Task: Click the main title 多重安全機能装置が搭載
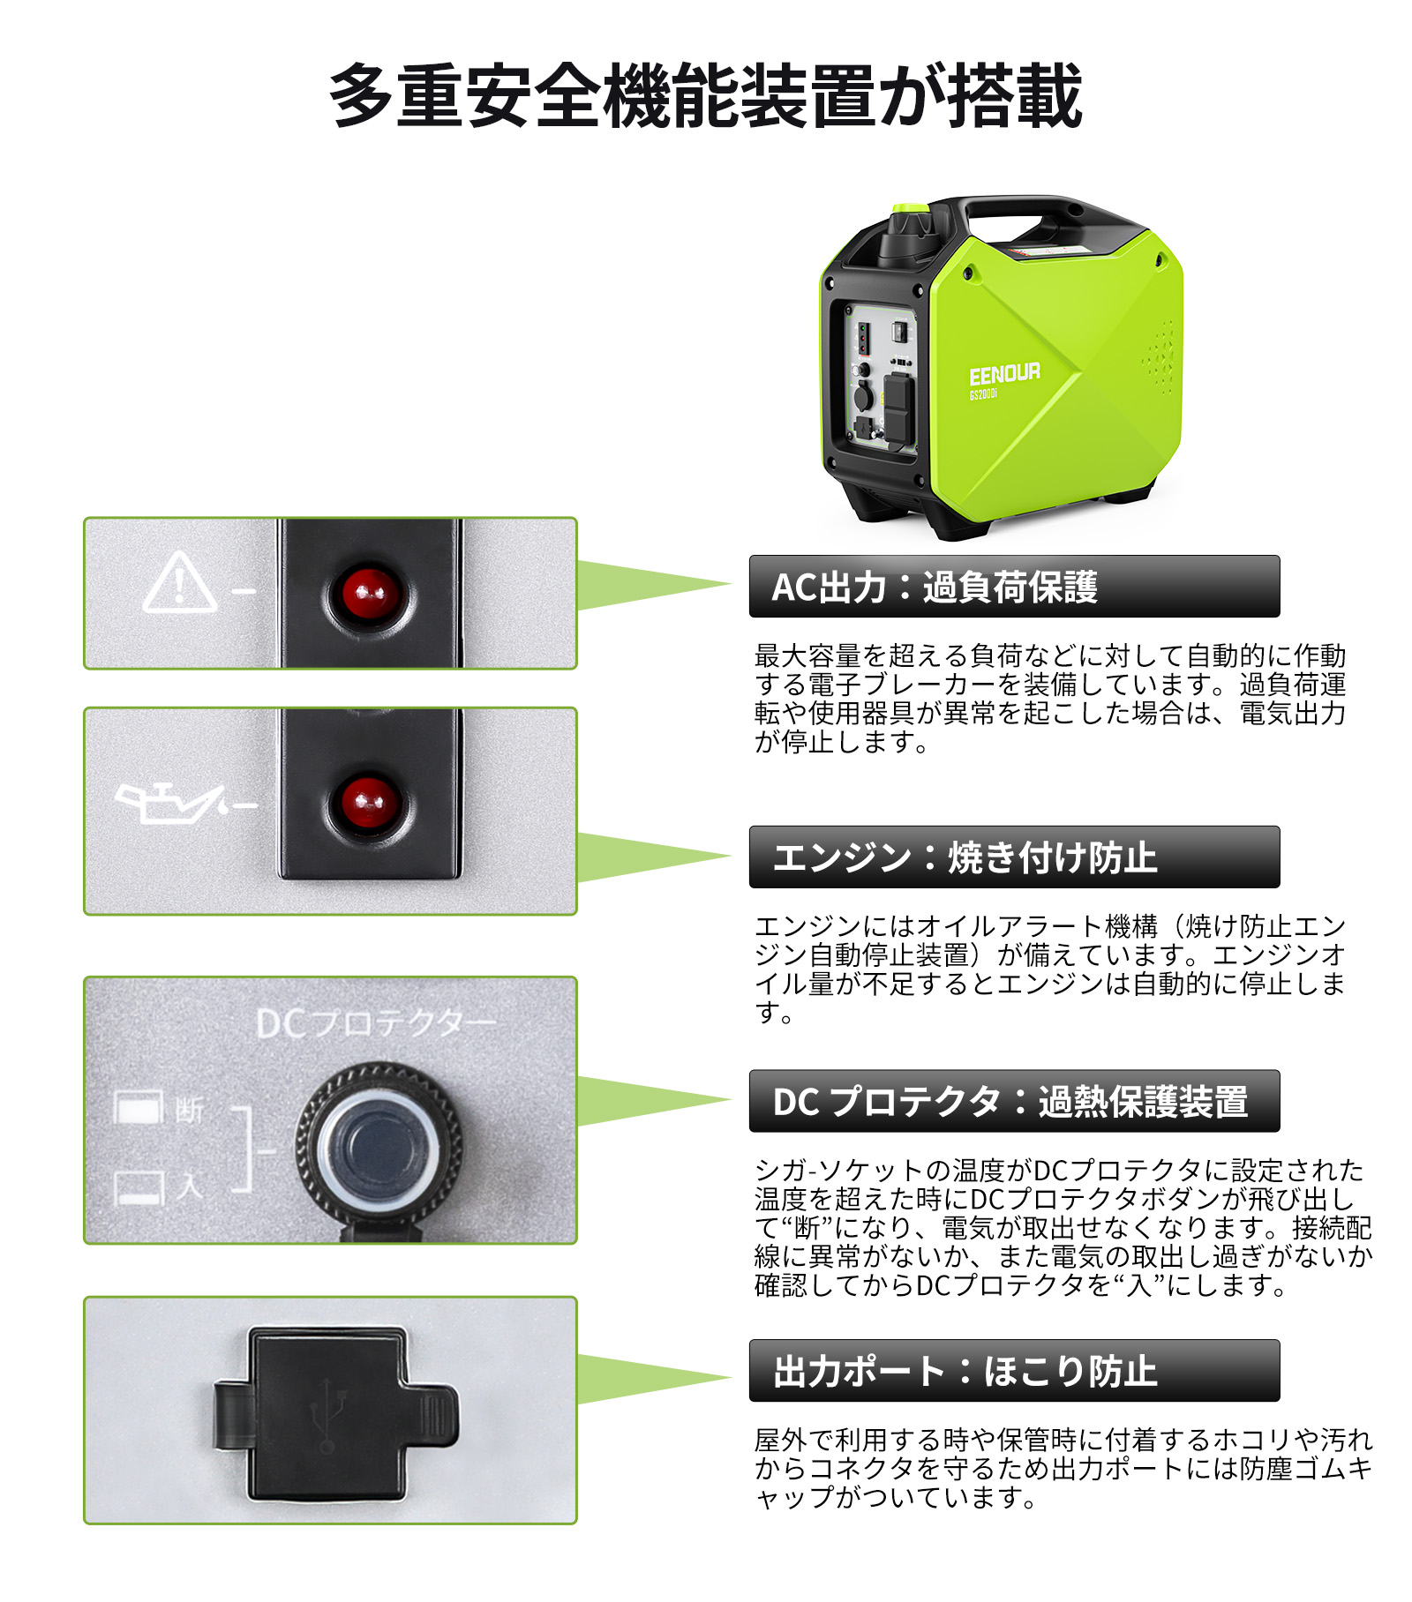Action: click(x=705, y=96)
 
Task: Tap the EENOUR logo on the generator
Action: click(x=1003, y=374)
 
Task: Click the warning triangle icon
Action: click(x=180, y=584)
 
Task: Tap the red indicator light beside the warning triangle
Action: click(x=369, y=594)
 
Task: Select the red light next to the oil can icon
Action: click(x=369, y=804)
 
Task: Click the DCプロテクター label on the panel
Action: click(x=375, y=1023)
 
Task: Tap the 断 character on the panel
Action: click(x=189, y=1109)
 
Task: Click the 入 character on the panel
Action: click(x=189, y=1187)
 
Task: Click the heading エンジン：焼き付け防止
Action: click(x=964, y=857)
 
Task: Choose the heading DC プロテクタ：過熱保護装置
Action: click(x=1010, y=1102)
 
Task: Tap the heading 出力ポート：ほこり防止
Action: click(x=964, y=1371)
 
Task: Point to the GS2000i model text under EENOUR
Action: click(x=982, y=394)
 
